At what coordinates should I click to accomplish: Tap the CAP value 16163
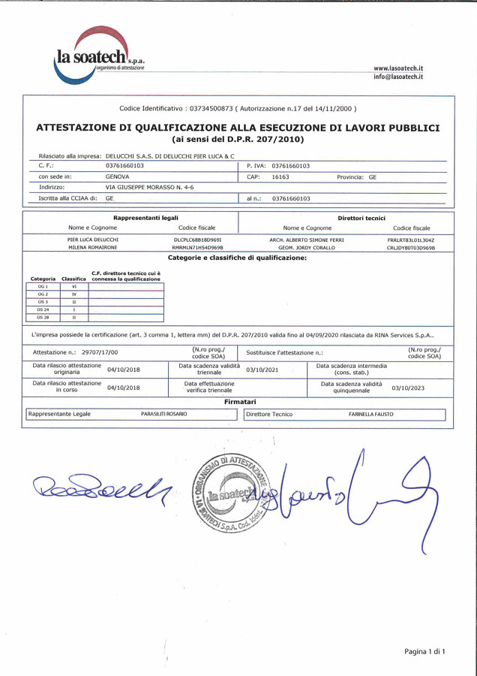tap(280, 177)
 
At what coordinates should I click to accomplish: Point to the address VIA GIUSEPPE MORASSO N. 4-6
tap(150, 187)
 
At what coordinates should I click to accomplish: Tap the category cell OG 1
tap(43, 286)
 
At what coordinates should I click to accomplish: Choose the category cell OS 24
tap(43, 309)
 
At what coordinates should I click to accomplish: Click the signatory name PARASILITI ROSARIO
tap(164, 414)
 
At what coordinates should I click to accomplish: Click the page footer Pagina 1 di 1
tap(424, 651)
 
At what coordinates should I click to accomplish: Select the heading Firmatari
tap(240, 402)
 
